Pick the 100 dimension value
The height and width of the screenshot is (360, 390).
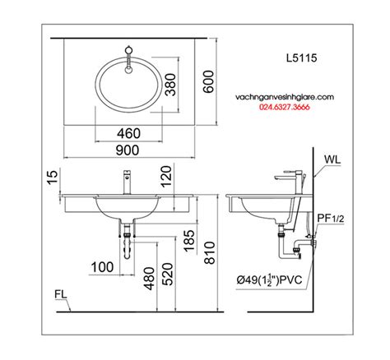coord(102,267)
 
